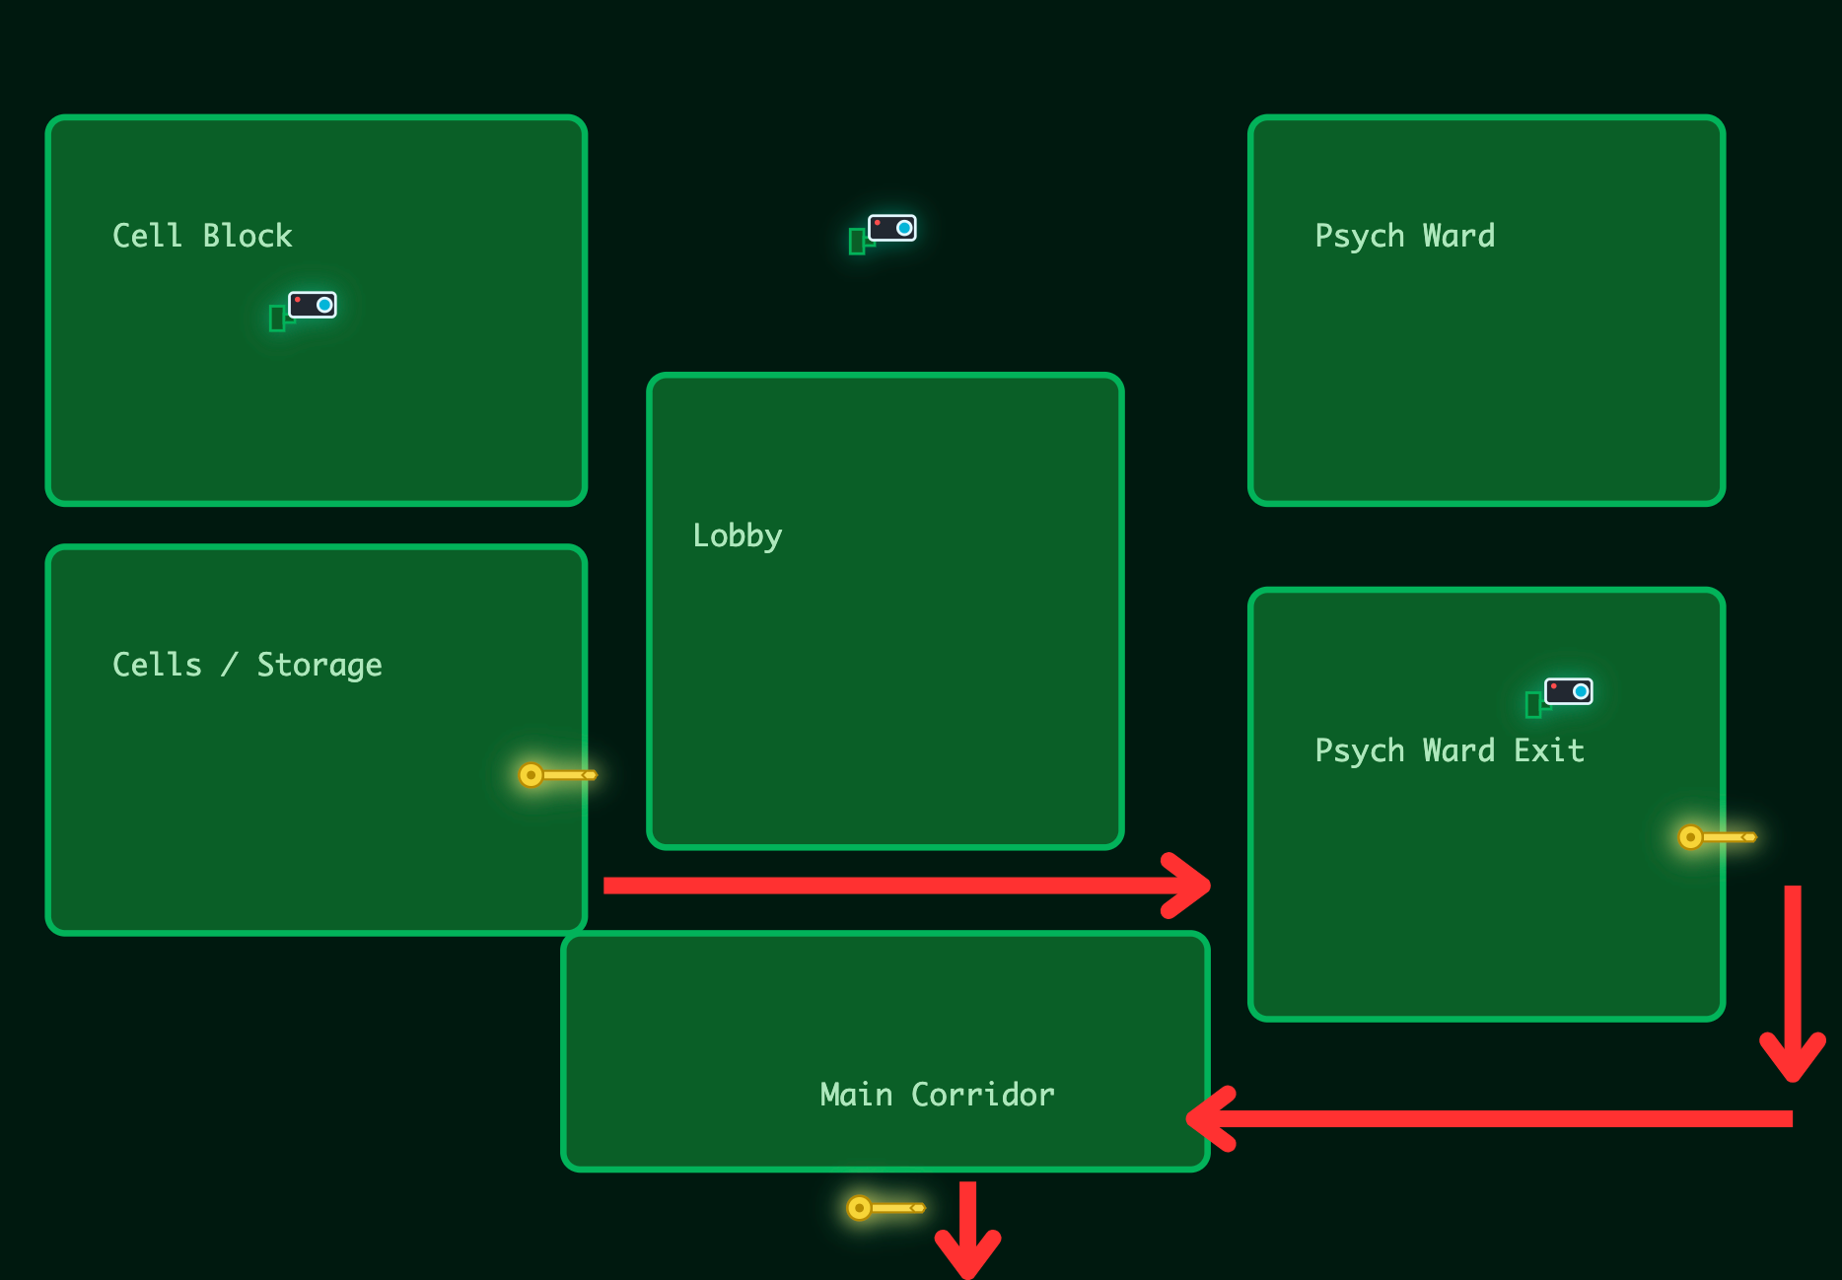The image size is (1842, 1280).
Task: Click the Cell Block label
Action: tap(202, 236)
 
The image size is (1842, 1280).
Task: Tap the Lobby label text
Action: tap(737, 535)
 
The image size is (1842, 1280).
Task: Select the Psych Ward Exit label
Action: tap(1449, 750)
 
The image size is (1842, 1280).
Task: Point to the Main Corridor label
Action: tap(937, 1095)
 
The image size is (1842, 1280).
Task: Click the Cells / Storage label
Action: tap(247, 665)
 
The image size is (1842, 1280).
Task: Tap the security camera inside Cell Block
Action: tap(306, 308)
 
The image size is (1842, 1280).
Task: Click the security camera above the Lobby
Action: tap(886, 231)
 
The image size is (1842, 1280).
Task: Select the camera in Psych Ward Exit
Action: tap(1562, 694)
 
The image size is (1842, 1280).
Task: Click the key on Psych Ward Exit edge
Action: tap(1717, 837)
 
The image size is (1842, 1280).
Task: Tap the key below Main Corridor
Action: tap(885, 1208)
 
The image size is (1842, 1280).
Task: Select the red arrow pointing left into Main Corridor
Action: tap(1489, 1118)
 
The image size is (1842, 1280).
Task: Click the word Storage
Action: tap(319, 666)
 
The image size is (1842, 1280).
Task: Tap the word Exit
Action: tap(1548, 750)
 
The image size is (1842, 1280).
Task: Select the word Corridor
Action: tap(982, 1095)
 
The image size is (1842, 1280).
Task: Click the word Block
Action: tap(247, 236)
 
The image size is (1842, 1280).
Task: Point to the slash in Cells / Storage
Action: tap(230, 665)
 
